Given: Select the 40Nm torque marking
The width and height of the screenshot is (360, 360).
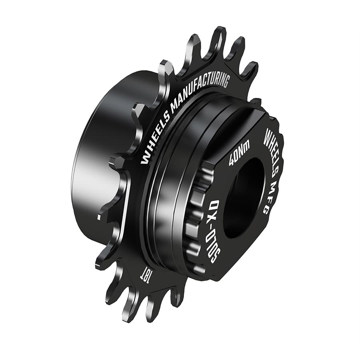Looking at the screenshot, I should (x=239, y=154).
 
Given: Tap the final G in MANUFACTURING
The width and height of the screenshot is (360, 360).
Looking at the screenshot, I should (x=225, y=81).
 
